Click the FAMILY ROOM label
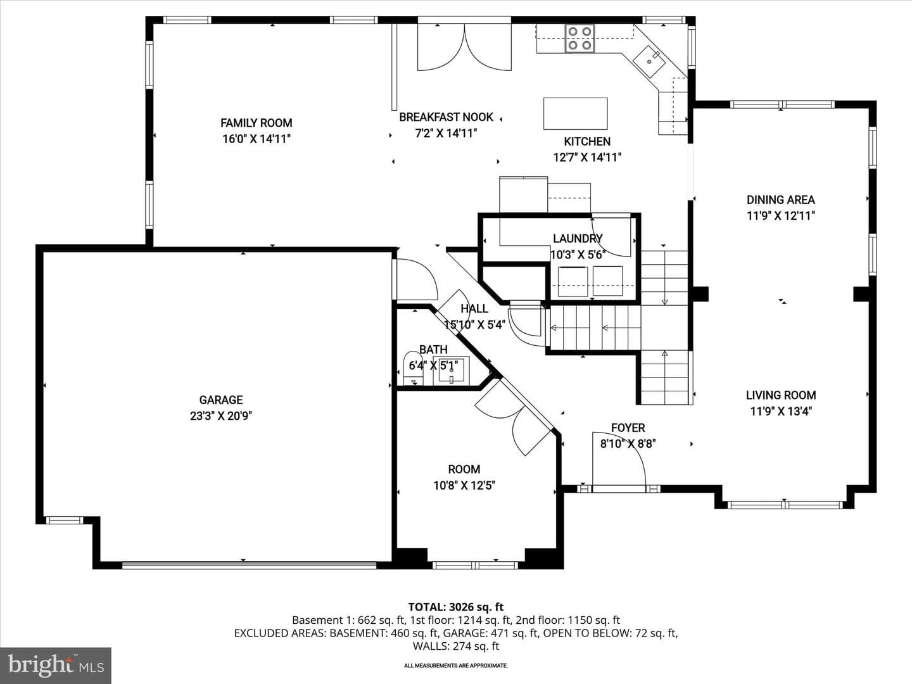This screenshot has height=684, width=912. pos(256,123)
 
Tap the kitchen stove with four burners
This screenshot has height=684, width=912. pos(579,38)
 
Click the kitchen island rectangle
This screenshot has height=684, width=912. pos(576,113)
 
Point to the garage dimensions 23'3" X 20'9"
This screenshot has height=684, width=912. pos(221,415)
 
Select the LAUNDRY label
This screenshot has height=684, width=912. pos(578,238)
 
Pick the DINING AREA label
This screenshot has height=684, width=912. pos(781,199)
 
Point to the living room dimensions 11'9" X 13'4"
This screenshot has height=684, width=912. pos(781,411)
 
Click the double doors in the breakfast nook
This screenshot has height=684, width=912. pos(464,47)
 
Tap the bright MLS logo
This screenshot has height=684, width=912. pos(56,665)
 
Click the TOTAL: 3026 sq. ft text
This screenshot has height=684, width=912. pos(456,607)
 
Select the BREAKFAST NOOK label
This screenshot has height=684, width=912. pos(446,117)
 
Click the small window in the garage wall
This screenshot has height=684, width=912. pos(64,520)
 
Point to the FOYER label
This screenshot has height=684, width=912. pos(628,427)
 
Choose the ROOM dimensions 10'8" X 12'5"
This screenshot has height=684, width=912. pos(464,485)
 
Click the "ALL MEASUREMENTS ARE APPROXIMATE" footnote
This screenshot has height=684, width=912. pos(456,665)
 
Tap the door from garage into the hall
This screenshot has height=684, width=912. pos(415,279)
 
